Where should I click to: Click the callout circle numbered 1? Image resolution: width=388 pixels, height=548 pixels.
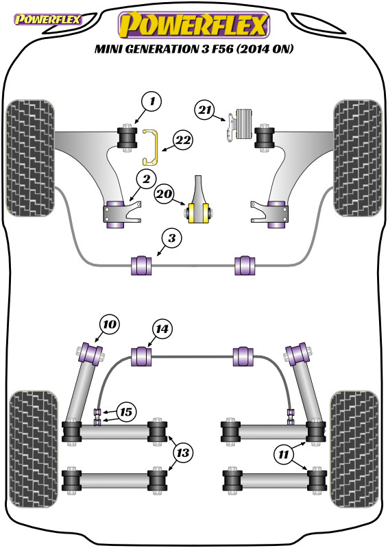[151, 101]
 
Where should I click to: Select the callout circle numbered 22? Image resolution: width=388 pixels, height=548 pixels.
[182, 140]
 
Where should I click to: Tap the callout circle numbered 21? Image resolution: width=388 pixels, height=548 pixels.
[205, 110]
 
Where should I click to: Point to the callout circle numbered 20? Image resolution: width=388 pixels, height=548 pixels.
[164, 194]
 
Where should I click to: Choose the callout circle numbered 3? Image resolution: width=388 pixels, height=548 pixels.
[172, 238]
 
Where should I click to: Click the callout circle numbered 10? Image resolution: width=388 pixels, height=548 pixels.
[110, 324]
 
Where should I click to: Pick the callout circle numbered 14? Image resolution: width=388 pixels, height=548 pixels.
[162, 329]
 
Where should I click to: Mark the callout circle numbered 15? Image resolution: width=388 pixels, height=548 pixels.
[126, 412]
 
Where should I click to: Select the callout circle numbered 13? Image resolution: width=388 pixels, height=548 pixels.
[182, 453]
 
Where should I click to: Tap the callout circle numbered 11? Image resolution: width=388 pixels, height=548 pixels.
[283, 455]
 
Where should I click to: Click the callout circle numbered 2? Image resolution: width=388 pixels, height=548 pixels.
[146, 179]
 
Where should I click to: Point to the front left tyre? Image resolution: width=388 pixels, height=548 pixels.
[30, 158]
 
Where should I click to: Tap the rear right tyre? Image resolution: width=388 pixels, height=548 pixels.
[354, 449]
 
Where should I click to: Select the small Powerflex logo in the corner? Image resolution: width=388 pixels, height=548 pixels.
[47, 19]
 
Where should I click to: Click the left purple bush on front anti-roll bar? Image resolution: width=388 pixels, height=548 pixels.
[141, 266]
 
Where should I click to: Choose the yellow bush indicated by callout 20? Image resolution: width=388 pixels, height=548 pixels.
[199, 212]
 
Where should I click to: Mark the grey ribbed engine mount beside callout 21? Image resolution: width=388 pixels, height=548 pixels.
[245, 124]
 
